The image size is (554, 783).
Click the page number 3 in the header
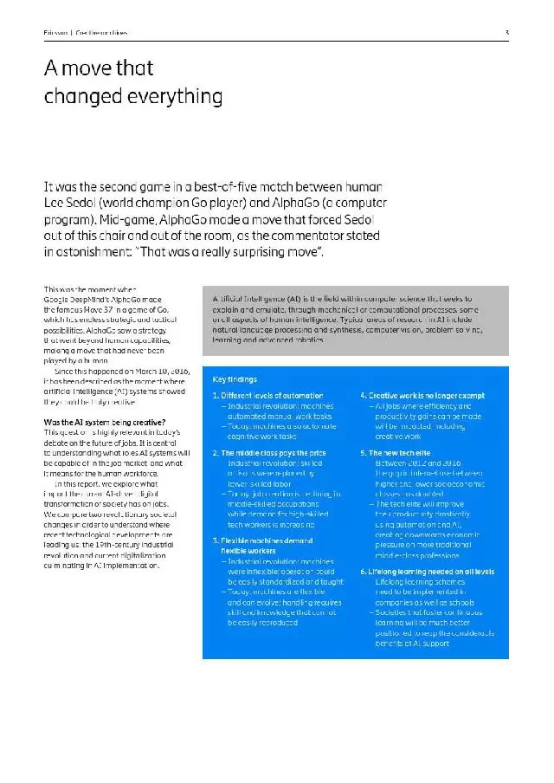[x=506, y=33]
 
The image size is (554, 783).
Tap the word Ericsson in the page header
[x=55, y=33]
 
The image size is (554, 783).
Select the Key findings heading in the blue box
[x=235, y=379]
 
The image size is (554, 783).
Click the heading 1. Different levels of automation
[x=267, y=396]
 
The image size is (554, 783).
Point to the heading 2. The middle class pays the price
[x=268, y=452]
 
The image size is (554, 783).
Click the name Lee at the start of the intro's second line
[x=56, y=204]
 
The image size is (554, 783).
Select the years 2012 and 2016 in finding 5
[x=412, y=463]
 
